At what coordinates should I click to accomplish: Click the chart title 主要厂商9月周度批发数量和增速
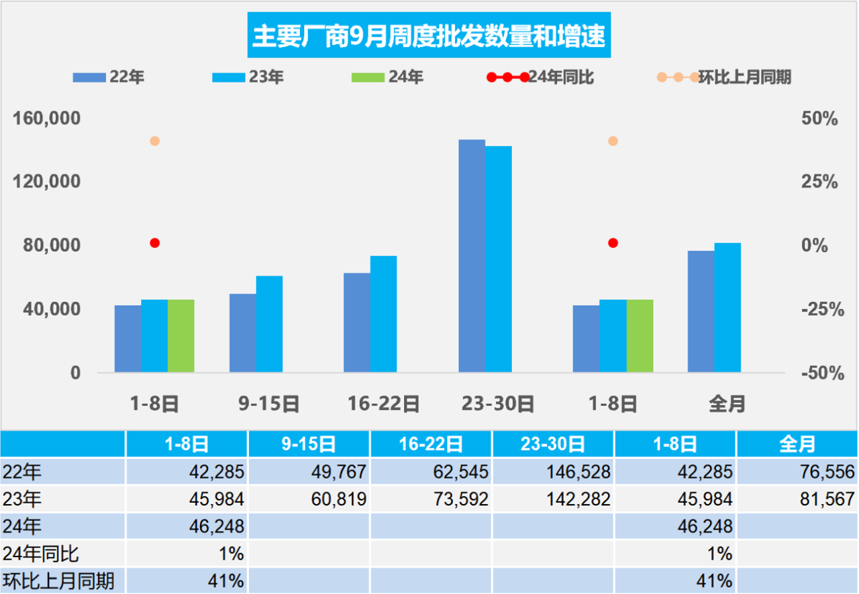click(429, 36)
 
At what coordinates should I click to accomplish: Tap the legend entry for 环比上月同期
click(724, 77)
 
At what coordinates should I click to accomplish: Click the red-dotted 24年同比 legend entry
click(541, 77)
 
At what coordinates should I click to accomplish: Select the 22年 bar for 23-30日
click(472, 255)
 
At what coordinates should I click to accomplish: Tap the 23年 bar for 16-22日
click(383, 314)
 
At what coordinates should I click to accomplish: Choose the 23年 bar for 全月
click(727, 307)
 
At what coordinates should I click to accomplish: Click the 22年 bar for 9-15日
click(242, 333)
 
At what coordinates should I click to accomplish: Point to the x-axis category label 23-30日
click(497, 404)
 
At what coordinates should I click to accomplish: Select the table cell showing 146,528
click(553, 473)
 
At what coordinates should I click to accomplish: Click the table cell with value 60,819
click(309, 499)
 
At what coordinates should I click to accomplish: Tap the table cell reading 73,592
click(431, 499)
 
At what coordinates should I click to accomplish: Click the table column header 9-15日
click(309, 444)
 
